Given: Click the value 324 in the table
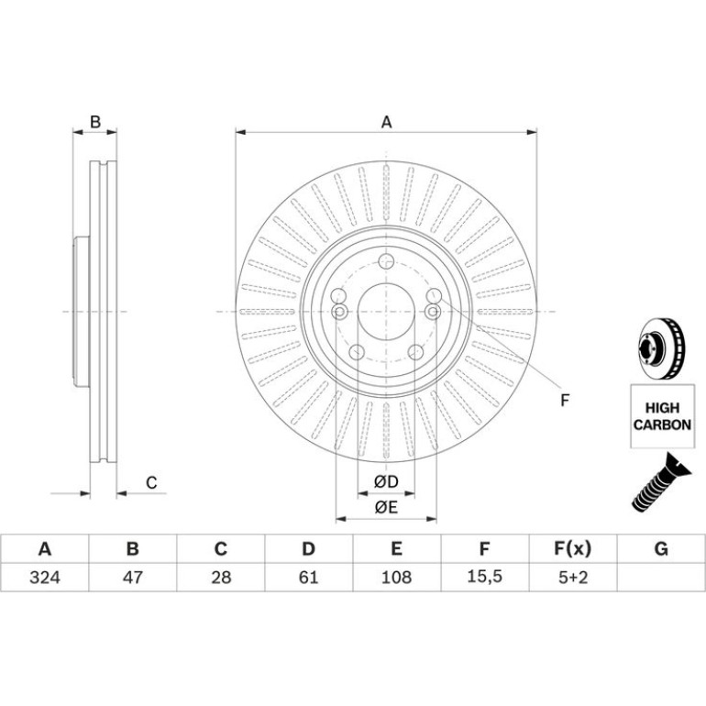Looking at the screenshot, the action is (x=45, y=577).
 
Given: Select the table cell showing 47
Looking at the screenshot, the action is (x=132, y=577).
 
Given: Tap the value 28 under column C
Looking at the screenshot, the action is (x=221, y=577).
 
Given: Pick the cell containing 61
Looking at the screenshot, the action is (x=308, y=577).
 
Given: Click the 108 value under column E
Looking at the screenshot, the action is (x=396, y=577).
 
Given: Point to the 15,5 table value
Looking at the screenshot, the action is (x=484, y=577).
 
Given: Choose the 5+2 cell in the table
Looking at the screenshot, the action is (x=573, y=577).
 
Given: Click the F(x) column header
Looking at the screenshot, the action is (x=572, y=548).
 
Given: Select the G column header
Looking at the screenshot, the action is (x=661, y=548).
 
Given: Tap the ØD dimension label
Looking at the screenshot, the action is (x=386, y=481).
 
